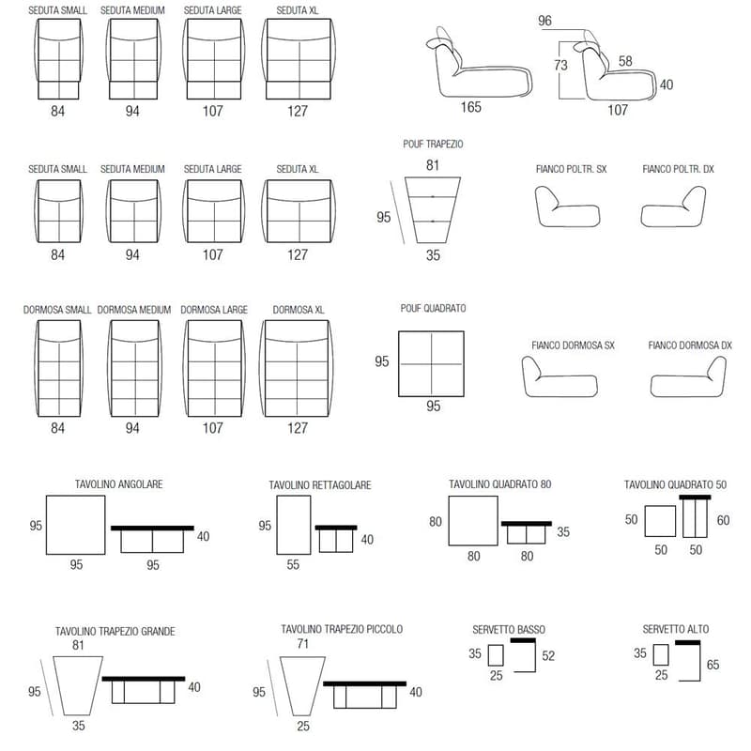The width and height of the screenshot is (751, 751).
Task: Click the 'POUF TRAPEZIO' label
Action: pyautogui.click(x=433, y=145)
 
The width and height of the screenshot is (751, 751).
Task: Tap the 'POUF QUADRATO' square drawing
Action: pyautogui.click(x=431, y=364)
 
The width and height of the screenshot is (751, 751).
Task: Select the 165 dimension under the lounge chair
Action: pyautogui.click(x=471, y=107)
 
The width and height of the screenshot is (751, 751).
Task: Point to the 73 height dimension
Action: pyautogui.click(x=560, y=65)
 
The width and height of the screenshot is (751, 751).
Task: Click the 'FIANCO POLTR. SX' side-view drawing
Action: pyautogui.click(x=568, y=207)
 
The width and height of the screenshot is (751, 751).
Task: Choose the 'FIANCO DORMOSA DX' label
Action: pyautogui.click(x=690, y=345)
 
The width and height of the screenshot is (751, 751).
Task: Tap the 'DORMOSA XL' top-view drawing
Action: pyautogui.click(x=297, y=368)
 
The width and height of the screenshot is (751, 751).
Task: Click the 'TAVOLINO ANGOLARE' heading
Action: pyautogui.click(x=119, y=484)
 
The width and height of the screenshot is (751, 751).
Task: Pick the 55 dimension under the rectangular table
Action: pyautogui.click(x=293, y=565)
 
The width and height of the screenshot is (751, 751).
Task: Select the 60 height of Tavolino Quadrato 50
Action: pyautogui.click(x=723, y=520)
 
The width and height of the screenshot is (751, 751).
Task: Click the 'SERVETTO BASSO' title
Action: pyautogui.click(x=509, y=629)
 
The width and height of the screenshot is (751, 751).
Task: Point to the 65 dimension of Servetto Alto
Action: pyautogui.click(x=713, y=665)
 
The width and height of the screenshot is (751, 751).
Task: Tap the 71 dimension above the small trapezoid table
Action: pyautogui.click(x=302, y=644)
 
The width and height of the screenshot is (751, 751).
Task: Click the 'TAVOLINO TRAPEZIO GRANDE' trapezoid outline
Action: pyautogui.click(x=78, y=686)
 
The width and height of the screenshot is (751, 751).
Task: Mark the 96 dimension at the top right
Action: pyautogui.click(x=545, y=21)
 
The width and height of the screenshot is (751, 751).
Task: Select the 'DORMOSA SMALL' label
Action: pyautogui.click(x=57, y=310)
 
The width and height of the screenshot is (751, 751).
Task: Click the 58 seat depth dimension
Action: pyautogui.click(x=625, y=61)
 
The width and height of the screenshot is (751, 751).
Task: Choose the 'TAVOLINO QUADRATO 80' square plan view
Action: pyautogui.click(x=473, y=521)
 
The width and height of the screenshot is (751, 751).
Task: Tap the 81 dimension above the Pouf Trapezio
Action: pyautogui.click(x=433, y=165)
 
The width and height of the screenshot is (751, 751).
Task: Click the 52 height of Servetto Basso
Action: pyautogui.click(x=548, y=655)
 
